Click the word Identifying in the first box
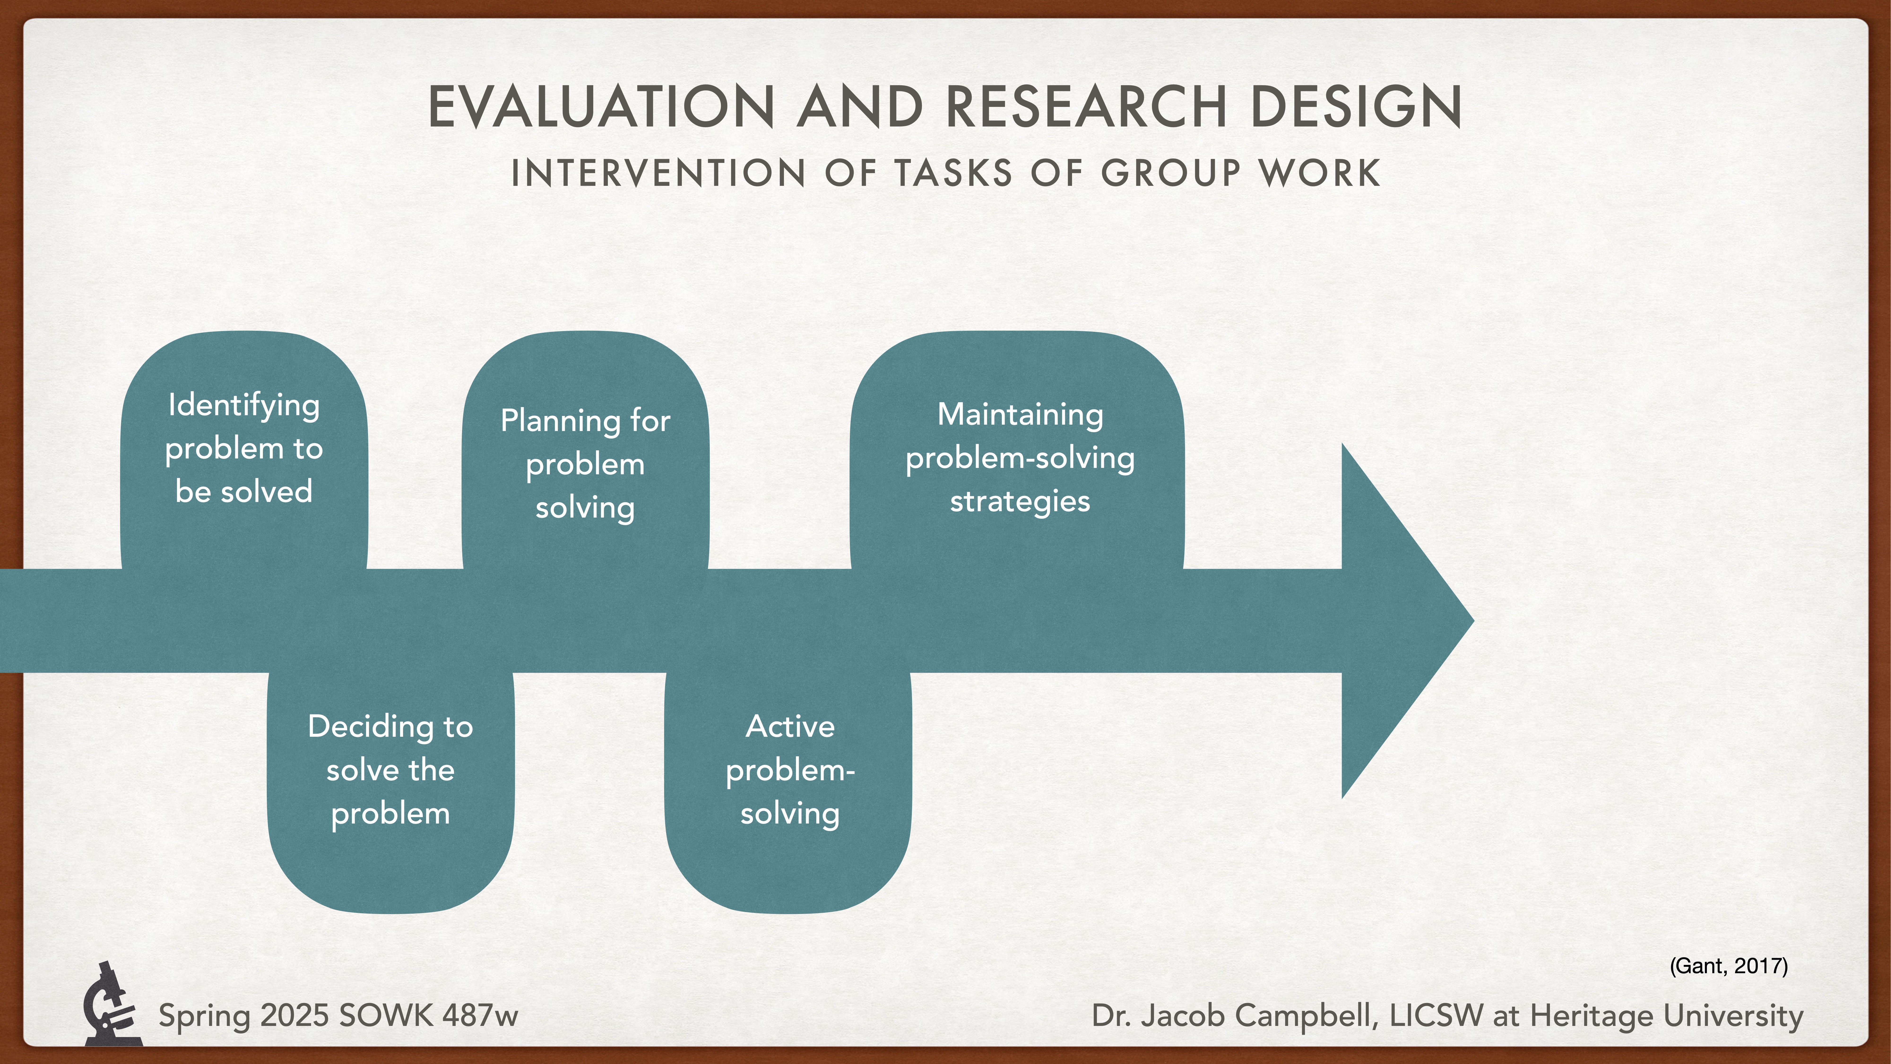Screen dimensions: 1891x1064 click(244, 405)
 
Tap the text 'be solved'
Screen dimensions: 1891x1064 click(244, 491)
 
